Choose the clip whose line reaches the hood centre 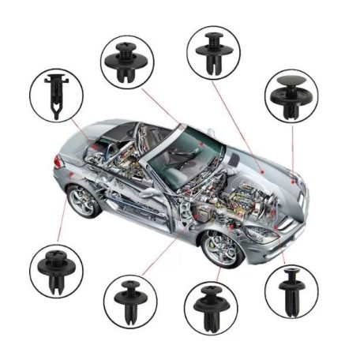[213, 52]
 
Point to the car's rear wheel [82, 200]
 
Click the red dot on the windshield [203, 146]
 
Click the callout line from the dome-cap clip [292, 150]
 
